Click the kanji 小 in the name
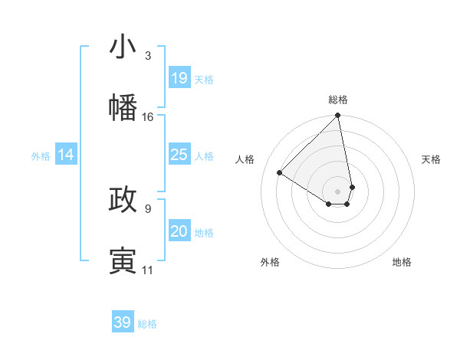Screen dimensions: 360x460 (123, 47)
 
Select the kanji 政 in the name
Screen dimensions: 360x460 (123, 200)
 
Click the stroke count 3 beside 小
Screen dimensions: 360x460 (147, 56)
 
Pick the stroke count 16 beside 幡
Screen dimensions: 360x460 (148, 116)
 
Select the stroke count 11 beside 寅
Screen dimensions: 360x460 (148, 270)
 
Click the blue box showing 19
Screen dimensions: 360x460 (179, 78)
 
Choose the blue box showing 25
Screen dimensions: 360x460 (179, 155)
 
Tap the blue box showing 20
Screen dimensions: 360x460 (179, 231)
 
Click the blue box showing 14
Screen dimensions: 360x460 (66, 155)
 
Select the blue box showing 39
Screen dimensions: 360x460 (123, 322)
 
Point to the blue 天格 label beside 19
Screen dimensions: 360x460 (204, 80)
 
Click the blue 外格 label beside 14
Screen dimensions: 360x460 (41, 156)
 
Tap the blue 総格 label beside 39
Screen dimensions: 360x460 (147, 324)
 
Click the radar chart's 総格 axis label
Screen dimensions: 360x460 (338, 100)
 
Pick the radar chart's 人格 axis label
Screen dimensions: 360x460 (245, 159)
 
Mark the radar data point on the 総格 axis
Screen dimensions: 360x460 (338, 116)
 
